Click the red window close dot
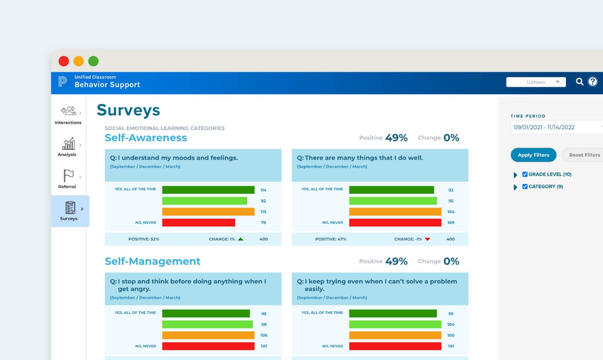pyautogui.click(x=64, y=61)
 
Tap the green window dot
pyautogui.click(x=94, y=61)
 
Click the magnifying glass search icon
pyautogui.click(x=580, y=82)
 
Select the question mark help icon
pyautogui.click(x=593, y=82)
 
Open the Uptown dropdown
pyautogui.click(x=536, y=82)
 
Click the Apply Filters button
pyautogui.click(x=533, y=155)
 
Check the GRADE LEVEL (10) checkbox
pyautogui.click(x=525, y=174)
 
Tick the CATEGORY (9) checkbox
pyautogui.click(x=525, y=186)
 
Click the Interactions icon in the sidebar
pyautogui.click(x=69, y=111)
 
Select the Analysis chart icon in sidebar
pyautogui.click(x=69, y=144)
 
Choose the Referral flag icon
pyautogui.click(x=69, y=176)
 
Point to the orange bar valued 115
pyautogui.click(x=208, y=212)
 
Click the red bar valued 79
pyautogui.click(x=198, y=223)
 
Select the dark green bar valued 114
pyautogui.click(x=208, y=190)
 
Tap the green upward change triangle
pyautogui.click(x=241, y=239)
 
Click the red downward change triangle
pyautogui.click(x=427, y=239)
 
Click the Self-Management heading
pyautogui.click(x=153, y=261)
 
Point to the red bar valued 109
pyautogui.click(x=395, y=223)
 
